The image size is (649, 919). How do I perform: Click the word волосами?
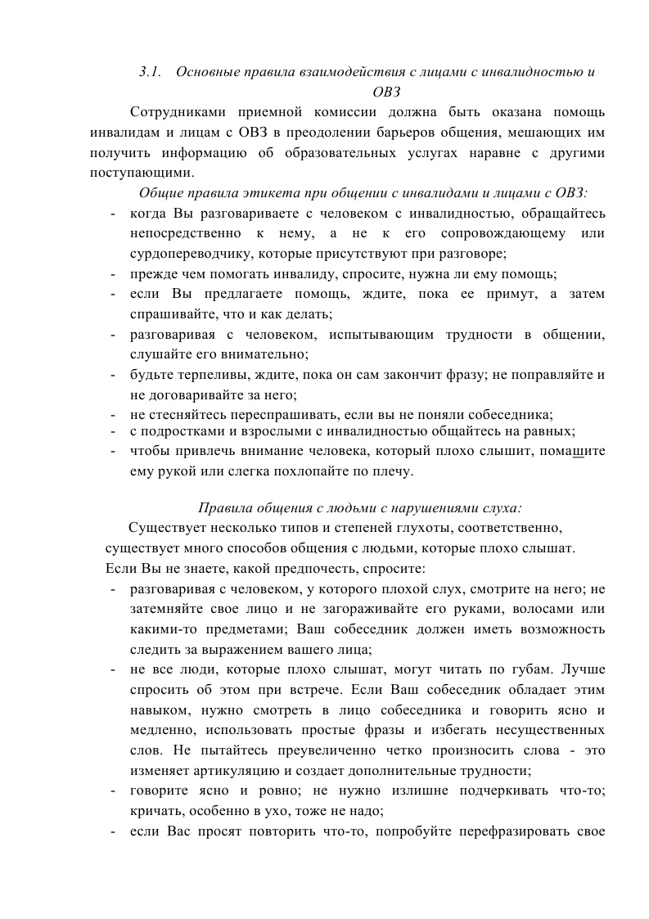click(x=535, y=609)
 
